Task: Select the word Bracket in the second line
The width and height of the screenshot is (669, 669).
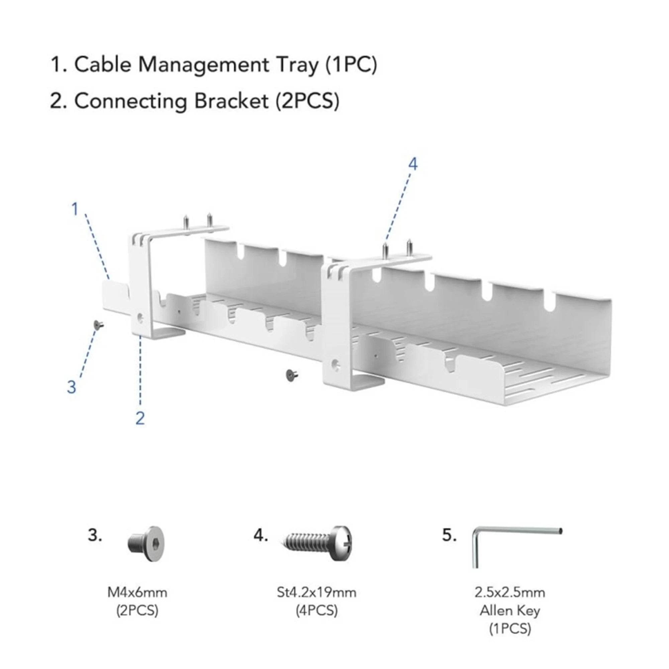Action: point(231,101)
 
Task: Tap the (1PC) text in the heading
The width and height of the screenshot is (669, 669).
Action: point(351,65)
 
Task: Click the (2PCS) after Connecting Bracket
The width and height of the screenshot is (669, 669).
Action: point(307,101)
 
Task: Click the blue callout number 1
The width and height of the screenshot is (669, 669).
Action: point(75,209)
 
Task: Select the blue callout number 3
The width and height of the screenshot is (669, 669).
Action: point(71,387)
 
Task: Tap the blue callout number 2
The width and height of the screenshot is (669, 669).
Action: point(140,419)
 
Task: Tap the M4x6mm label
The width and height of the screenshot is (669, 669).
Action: point(137,592)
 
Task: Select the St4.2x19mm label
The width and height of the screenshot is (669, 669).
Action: point(316,592)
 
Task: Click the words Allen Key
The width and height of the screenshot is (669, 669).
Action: point(510,611)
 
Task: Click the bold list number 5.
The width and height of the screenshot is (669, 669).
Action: point(449,535)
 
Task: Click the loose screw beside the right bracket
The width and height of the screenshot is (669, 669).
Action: point(292,375)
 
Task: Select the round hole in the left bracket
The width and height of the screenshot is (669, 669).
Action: point(140,318)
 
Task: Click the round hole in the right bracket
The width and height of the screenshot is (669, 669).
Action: point(335,364)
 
